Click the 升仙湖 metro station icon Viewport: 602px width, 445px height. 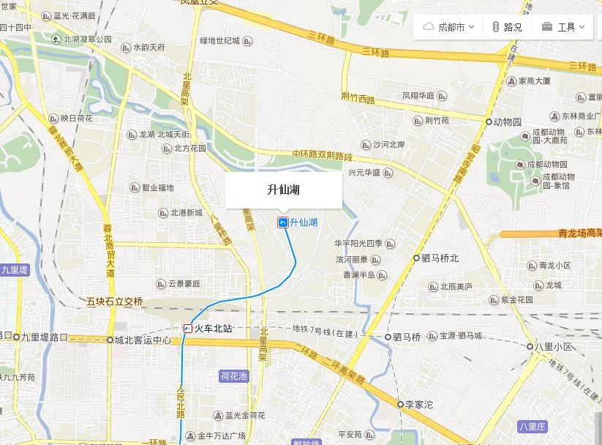282,222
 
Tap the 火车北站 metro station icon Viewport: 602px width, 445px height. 188,329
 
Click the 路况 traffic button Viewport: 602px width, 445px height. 506,27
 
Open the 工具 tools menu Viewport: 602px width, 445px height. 563,27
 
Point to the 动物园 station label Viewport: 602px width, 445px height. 507,121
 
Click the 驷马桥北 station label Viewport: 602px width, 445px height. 440,258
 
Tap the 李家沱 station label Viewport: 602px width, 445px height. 420,404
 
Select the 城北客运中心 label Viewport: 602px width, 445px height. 143,340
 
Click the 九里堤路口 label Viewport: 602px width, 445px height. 44,337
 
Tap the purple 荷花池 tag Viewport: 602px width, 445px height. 234,376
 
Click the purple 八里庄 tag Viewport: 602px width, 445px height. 533,425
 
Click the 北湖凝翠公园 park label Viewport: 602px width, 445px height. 87,40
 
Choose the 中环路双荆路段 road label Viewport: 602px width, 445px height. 322,155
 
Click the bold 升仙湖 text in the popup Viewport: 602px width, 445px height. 283,190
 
